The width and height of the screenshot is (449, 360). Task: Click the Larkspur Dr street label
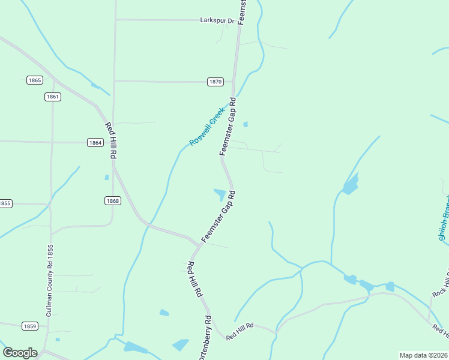click(x=217, y=20)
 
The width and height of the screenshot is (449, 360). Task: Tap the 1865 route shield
click(x=35, y=80)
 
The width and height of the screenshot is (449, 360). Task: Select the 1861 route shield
click(x=53, y=96)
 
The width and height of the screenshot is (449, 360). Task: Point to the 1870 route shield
click(x=215, y=82)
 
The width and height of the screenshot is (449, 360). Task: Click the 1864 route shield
click(x=95, y=142)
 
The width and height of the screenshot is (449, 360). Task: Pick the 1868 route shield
click(x=112, y=200)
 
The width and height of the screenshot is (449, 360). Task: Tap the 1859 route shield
click(x=29, y=326)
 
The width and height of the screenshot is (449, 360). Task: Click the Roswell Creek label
click(x=207, y=127)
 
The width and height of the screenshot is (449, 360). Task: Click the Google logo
click(x=20, y=353)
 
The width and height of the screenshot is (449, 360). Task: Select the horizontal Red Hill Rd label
click(x=240, y=331)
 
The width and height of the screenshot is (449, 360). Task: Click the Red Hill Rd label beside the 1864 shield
click(x=110, y=140)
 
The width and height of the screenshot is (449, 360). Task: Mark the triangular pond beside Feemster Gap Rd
click(x=220, y=194)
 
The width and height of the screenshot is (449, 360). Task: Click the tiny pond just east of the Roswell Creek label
click(x=245, y=125)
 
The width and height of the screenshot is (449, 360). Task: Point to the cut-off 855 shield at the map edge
click(x=5, y=203)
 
